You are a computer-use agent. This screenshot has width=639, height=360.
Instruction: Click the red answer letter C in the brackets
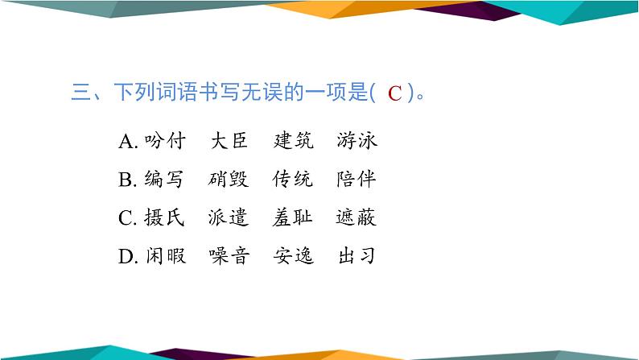coord(394,94)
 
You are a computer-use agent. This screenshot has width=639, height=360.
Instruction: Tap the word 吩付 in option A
coord(165,142)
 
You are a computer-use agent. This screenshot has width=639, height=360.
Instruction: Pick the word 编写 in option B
coord(165,180)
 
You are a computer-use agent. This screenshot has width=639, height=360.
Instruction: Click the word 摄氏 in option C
coord(165,218)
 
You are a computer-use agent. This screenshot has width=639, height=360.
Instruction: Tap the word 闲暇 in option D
coord(165,257)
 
